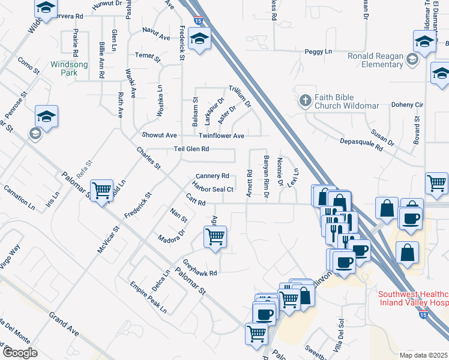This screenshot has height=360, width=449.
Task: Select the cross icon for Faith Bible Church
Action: (306, 101)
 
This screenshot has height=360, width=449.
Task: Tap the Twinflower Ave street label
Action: (221, 136)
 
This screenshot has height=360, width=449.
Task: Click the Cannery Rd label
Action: (212, 176)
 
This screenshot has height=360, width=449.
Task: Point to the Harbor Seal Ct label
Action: (212, 188)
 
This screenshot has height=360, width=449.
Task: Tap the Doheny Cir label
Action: (407, 104)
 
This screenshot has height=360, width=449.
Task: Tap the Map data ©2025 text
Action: (423, 355)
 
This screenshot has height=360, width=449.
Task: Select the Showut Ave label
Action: (159, 136)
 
